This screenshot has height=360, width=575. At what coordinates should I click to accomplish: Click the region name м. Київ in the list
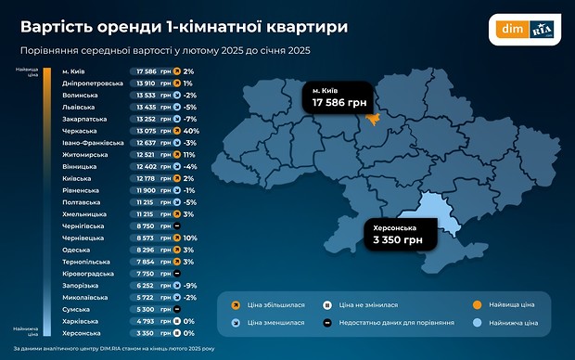click(76, 71)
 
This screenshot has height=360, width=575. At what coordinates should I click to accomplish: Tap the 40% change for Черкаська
click(190, 131)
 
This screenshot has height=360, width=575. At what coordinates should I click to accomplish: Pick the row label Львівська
click(79, 107)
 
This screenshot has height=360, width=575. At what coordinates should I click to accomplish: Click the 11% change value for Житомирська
click(189, 155)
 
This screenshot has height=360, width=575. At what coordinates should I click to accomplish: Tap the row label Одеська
click(77, 250)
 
